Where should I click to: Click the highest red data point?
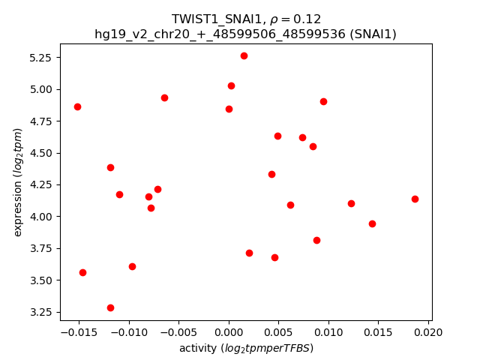click(244, 55)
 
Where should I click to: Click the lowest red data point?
click(110, 307)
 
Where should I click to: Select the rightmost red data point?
click(415, 199)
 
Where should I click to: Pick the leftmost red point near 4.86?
click(77, 106)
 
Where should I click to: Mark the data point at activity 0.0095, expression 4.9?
click(323, 101)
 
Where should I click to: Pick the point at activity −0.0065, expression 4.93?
click(164, 97)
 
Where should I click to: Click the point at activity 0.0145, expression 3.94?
click(372, 223)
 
